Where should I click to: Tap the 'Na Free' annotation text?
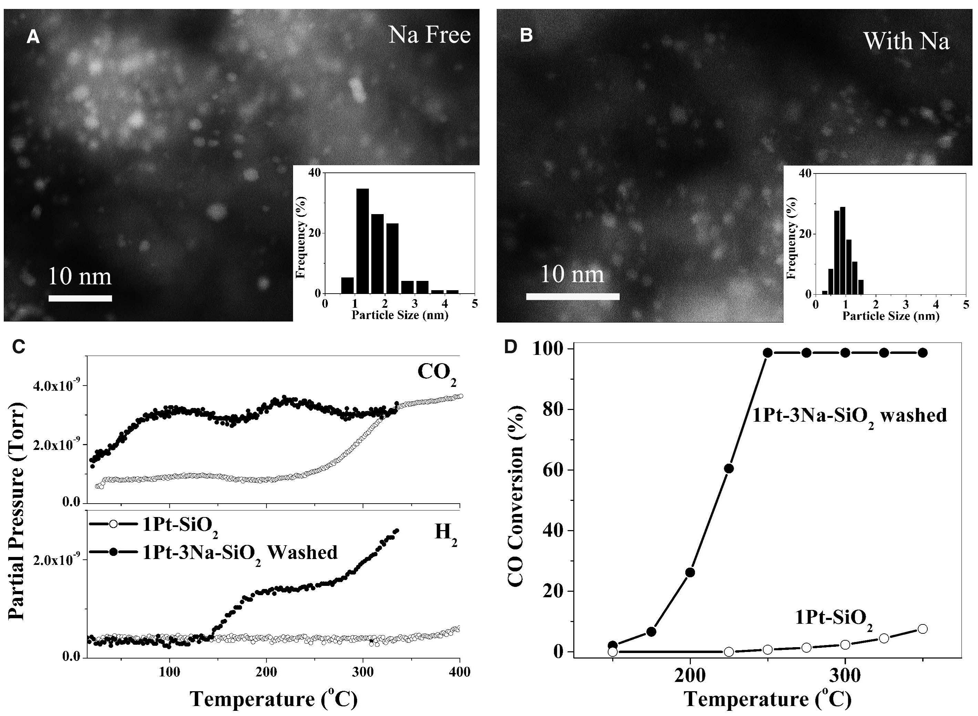pos(429,35)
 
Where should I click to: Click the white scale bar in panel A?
pos(80,298)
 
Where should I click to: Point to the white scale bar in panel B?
pos(573,296)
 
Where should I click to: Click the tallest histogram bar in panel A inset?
pos(362,241)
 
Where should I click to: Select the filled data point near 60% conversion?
pos(729,468)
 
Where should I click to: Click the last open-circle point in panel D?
pos(923,629)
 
